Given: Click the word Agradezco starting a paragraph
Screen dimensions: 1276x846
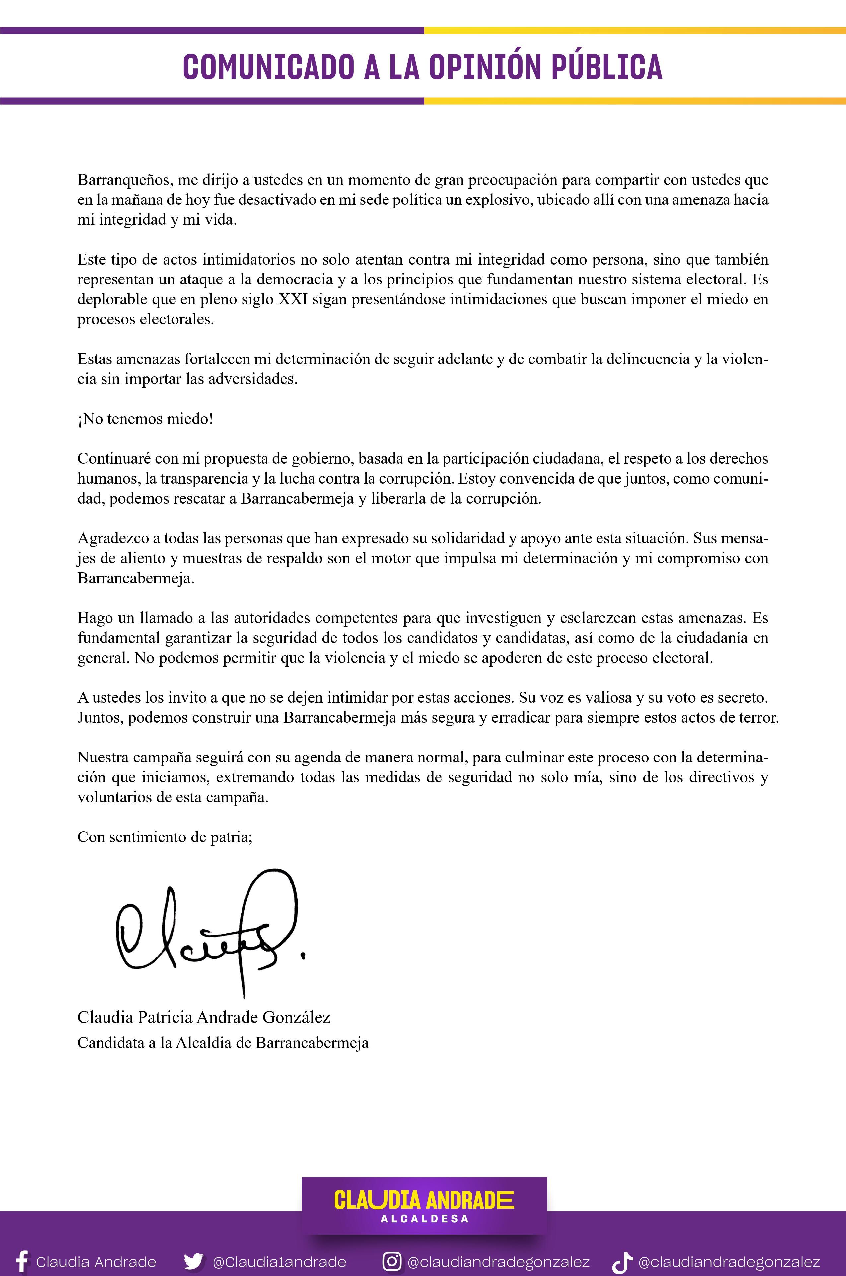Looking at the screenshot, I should pos(112,538).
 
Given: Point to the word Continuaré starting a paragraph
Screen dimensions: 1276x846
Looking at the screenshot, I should pos(113,458).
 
